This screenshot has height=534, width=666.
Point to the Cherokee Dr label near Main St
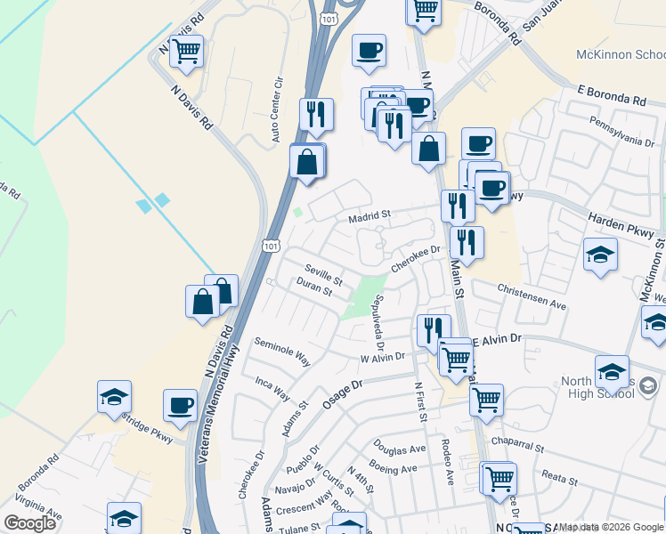pyautogui.click(x=416, y=259)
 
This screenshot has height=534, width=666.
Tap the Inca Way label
pyautogui.click(x=272, y=388)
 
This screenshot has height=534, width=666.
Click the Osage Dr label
pyautogui.click(x=345, y=392)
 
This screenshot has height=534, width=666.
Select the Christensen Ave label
pyautogui.click(x=532, y=297)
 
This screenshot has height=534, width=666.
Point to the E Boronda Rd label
pyautogui.click(x=611, y=96)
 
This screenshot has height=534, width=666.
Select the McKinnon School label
pyautogui.click(x=620, y=53)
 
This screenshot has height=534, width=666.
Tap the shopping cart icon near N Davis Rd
pyautogui.click(x=186, y=53)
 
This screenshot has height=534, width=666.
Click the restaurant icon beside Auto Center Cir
pyautogui.click(x=316, y=115)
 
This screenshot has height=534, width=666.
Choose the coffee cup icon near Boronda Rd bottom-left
pyautogui.click(x=180, y=406)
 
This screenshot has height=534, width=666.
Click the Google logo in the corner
pyautogui.click(x=29, y=523)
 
